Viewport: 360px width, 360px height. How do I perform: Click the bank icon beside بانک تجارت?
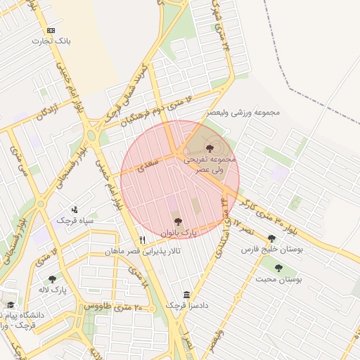(x=51, y=30)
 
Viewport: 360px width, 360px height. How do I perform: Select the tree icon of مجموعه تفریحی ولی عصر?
(x=210, y=148)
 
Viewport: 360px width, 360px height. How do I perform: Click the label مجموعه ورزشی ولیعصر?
(x=243, y=112)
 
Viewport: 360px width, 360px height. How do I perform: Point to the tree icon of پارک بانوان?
(x=176, y=221)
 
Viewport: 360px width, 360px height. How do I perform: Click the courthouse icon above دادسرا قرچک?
(x=186, y=295)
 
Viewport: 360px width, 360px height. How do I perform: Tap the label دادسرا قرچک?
(x=186, y=305)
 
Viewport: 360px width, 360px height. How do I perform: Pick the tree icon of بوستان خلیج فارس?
(x=271, y=238)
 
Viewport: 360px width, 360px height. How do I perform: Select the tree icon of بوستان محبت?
(x=278, y=268)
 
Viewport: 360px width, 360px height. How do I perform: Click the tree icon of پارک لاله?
(x=52, y=279)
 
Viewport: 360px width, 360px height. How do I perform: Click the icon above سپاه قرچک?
(x=75, y=210)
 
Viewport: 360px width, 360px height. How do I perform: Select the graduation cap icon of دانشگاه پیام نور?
(x=10, y=305)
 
